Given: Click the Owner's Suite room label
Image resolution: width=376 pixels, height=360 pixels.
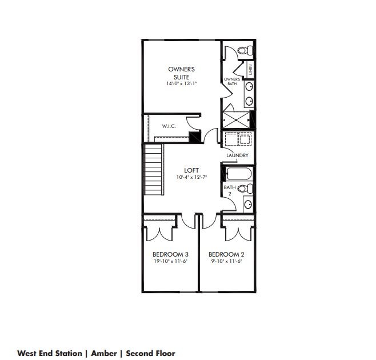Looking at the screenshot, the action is pyautogui.click(x=181, y=73).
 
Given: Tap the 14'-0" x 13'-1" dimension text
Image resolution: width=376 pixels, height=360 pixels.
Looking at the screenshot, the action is pyautogui.click(x=182, y=83).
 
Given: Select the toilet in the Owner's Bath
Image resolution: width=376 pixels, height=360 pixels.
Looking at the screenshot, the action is pyautogui.click(x=245, y=50).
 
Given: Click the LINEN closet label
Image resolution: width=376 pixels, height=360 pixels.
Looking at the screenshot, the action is pyautogui.click(x=250, y=70).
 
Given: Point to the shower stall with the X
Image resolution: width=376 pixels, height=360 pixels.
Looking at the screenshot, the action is pyautogui.click(x=236, y=120).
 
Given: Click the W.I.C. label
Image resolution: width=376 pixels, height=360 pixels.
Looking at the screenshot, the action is pyautogui.click(x=169, y=126).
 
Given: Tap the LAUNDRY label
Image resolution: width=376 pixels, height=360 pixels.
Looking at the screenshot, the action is pyautogui.click(x=237, y=155).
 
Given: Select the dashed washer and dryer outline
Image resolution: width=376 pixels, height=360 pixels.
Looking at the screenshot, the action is pyautogui.click(x=238, y=139).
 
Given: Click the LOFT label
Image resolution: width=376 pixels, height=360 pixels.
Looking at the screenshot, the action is pyautogui.click(x=191, y=170).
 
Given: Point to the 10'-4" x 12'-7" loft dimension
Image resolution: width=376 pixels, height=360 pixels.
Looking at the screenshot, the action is pyautogui.click(x=191, y=178).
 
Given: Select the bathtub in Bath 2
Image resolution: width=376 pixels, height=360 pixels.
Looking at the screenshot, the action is pyautogui.click(x=239, y=174).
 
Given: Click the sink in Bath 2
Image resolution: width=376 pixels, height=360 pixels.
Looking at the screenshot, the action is pyautogui.click(x=248, y=205).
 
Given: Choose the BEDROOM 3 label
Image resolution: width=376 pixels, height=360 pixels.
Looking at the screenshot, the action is pyautogui.click(x=170, y=254).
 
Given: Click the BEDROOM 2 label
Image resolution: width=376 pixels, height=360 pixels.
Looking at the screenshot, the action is pyautogui.click(x=226, y=254).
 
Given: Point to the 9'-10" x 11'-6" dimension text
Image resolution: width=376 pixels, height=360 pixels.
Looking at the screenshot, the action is pyautogui.click(x=226, y=261).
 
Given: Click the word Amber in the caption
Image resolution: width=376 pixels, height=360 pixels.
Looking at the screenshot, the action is pyautogui.click(x=104, y=353).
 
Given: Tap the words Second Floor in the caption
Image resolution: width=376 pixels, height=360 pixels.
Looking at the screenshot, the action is pyautogui.click(x=151, y=353).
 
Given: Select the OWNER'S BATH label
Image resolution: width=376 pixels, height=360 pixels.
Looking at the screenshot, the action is pyautogui.click(x=232, y=81).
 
